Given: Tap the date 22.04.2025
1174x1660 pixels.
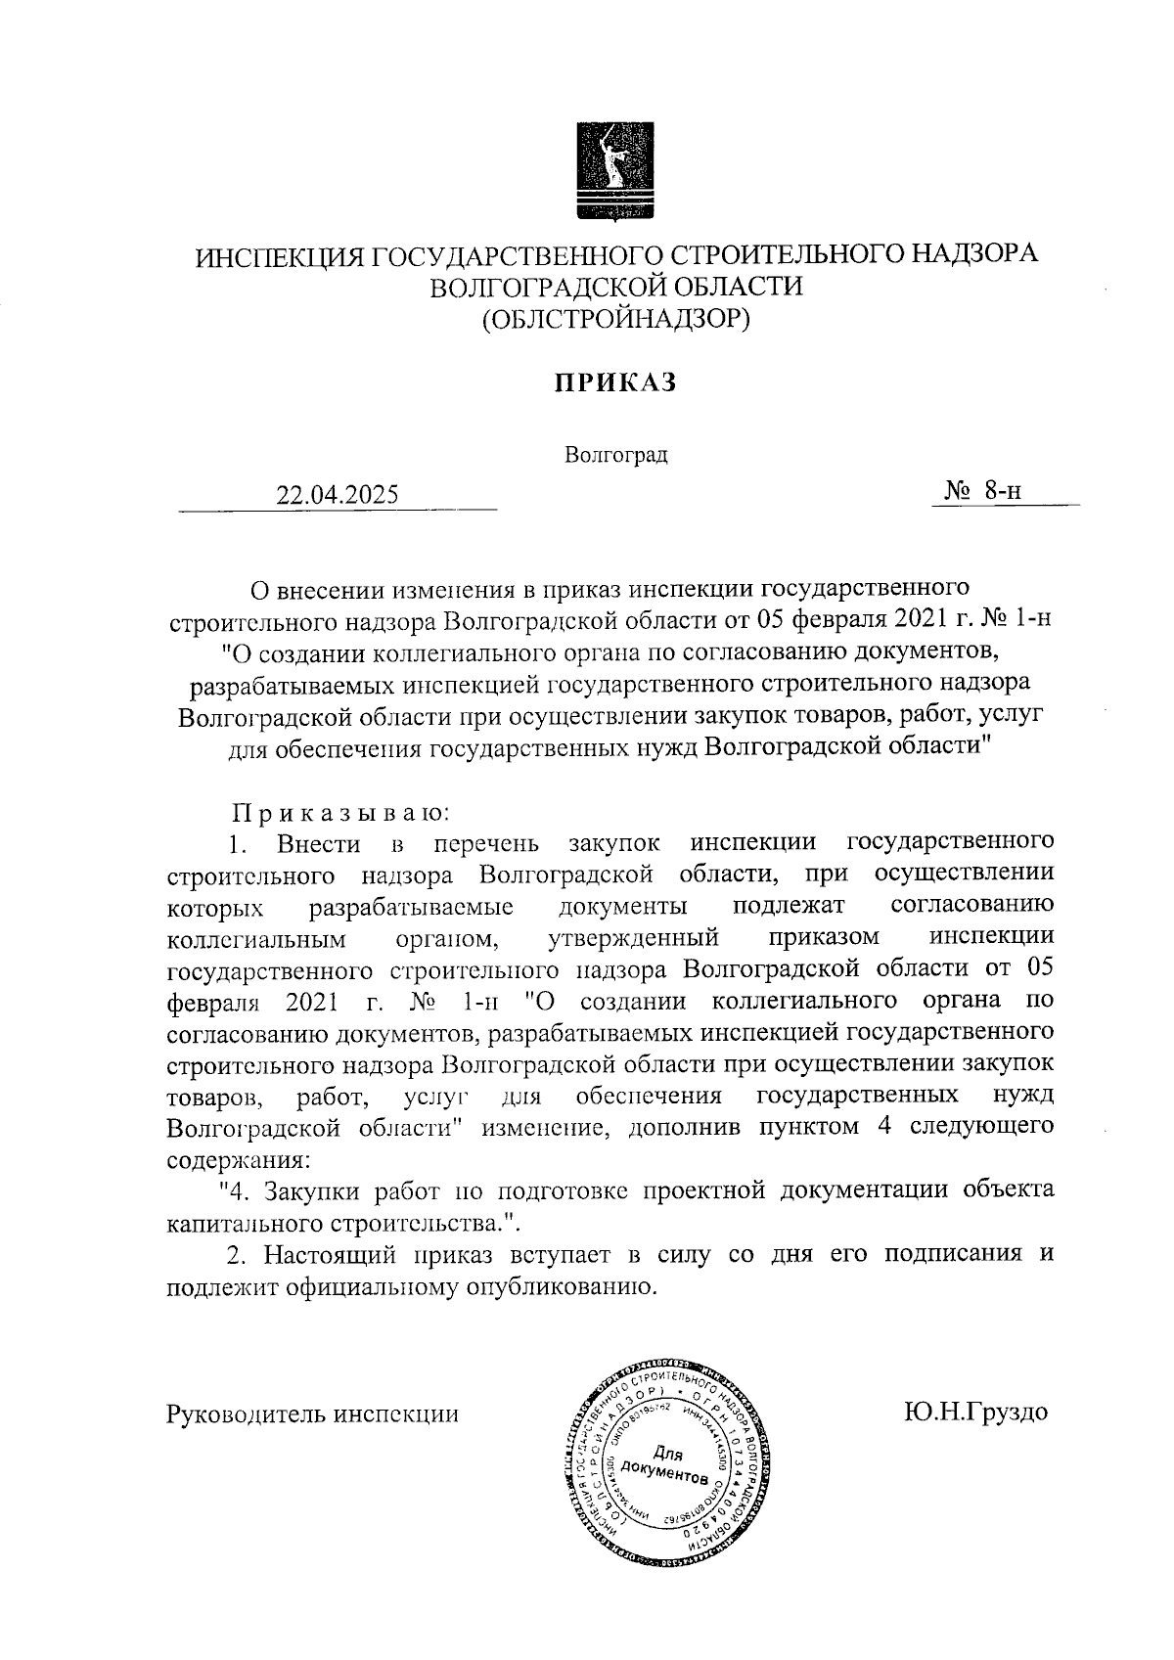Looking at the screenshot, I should pyautogui.click(x=338, y=495).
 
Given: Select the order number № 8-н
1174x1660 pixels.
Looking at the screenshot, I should pyautogui.click(x=982, y=491).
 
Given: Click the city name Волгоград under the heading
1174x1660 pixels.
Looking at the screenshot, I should pyautogui.click(x=616, y=456).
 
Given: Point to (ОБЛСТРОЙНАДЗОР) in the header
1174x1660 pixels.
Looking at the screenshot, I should pyautogui.click(x=616, y=318).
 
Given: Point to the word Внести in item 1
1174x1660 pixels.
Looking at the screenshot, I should pyautogui.click(x=319, y=843).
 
